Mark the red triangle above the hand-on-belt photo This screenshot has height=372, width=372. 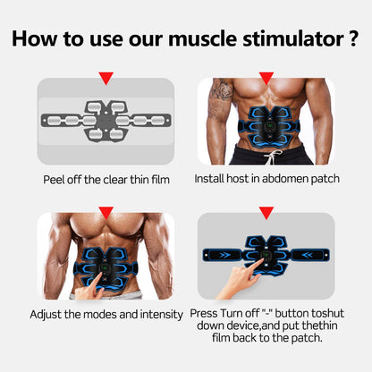pyautogui.click(x=266, y=212)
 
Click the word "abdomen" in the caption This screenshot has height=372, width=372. pyautogui.click(x=288, y=179)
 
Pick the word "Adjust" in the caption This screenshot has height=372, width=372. pyautogui.click(x=48, y=314)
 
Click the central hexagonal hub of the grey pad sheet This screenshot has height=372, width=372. pyautogui.click(x=106, y=118)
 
